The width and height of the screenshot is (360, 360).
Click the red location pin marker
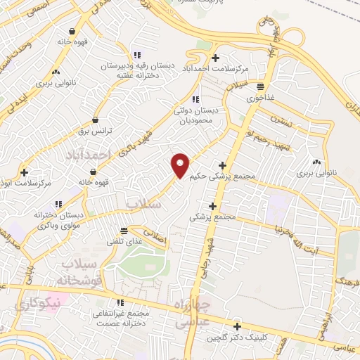click(x=181, y=165)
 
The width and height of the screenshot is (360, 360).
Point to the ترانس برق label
click(x=96, y=132)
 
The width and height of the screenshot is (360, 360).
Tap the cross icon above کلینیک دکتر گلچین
click(x=238, y=327)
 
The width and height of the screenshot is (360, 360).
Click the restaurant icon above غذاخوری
click(x=261, y=87)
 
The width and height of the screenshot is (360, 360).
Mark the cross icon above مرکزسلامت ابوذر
click(x=25, y=172)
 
